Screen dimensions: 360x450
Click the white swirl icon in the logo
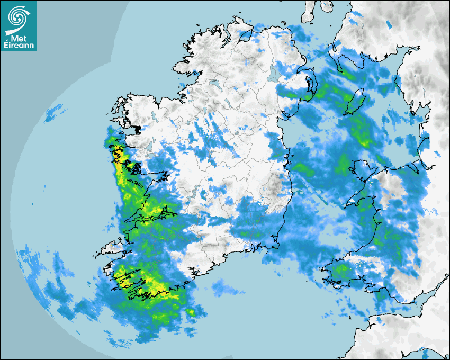pos(18,17)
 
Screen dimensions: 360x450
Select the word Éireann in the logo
pos(19,46)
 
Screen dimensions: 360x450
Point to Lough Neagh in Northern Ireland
pos(273,73)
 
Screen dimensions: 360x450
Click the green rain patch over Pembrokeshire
pos(341,271)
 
